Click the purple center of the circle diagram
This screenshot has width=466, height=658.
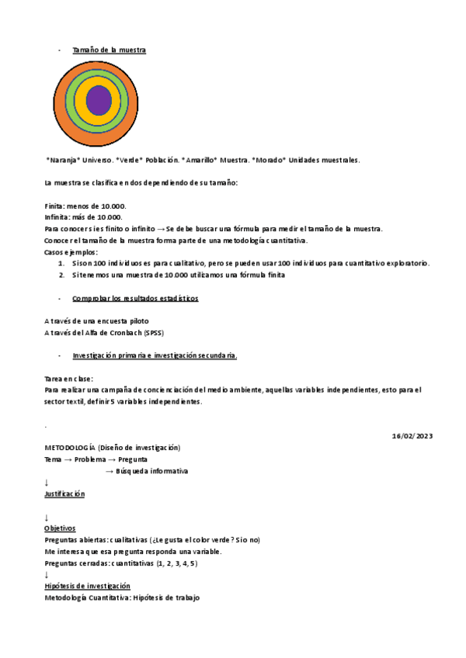click(99, 100)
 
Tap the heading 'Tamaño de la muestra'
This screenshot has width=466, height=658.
click(109, 50)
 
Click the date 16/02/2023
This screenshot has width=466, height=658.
click(412, 436)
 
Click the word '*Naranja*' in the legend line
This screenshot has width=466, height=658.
click(67, 161)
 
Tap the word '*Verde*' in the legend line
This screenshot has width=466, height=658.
click(130, 161)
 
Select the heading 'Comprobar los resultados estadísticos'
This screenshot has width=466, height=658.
click(135, 298)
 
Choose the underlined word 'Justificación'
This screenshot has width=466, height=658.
click(64, 493)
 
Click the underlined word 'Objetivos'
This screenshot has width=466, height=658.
click(61, 528)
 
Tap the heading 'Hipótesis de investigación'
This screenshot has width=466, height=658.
click(87, 586)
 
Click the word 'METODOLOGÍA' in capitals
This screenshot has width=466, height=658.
click(70, 448)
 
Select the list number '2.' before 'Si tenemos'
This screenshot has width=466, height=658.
click(62, 275)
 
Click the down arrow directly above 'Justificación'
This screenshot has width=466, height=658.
click(47, 483)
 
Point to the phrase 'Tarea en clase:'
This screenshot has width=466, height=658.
click(69, 379)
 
